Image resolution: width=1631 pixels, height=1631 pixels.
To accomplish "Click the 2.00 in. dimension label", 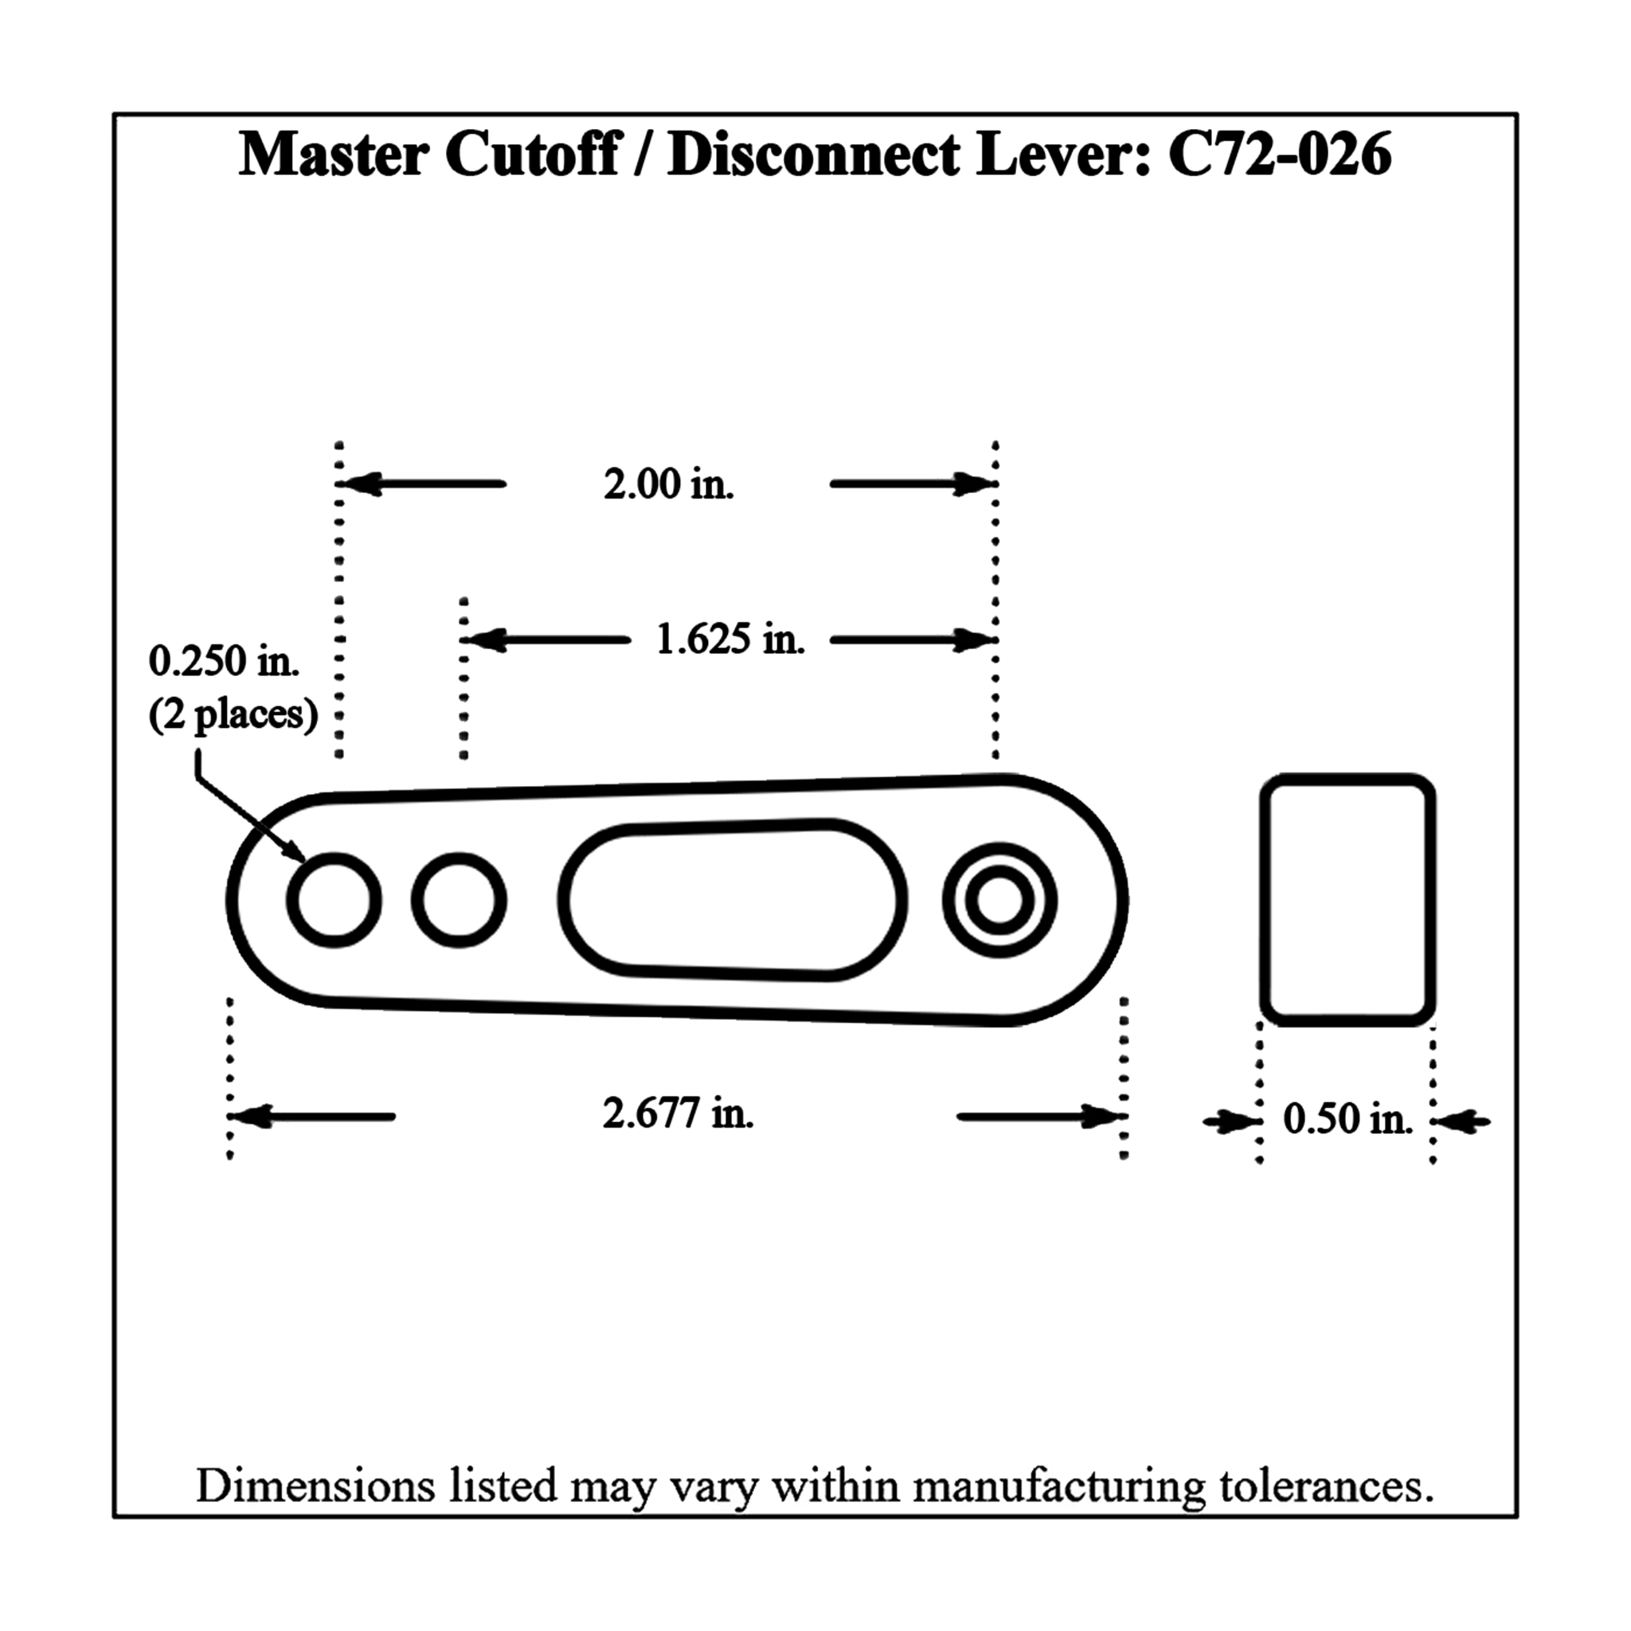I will pyautogui.click(x=669, y=484).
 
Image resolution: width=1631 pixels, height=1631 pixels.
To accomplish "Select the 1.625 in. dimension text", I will pyautogui.click(x=730, y=639).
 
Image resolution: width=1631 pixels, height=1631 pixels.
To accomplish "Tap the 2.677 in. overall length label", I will pyautogui.click(x=678, y=1113).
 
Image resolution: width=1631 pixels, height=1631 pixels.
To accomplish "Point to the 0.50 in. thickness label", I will pyautogui.click(x=1347, y=1120).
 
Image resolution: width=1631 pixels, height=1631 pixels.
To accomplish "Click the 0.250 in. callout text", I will pyautogui.click(x=224, y=661).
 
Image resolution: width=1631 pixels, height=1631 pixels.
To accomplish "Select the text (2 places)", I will pyautogui.click(x=233, y=715).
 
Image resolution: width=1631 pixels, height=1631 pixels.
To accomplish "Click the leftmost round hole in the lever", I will pyautogui.click(x=334, y=900).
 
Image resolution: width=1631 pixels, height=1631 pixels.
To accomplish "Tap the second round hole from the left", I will pyautogui.click(x=460, y=900).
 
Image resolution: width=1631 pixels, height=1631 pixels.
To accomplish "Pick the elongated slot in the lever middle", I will pyautogui.click(x=732, y=900).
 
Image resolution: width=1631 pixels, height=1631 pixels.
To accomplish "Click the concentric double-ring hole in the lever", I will pyautogui.click(x=999, y=900).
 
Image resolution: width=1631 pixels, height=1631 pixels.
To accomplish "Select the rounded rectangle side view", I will pyautogui.click(x=1347, y=900).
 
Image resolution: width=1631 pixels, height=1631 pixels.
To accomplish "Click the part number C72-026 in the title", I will pyautogui.click(x=1280, y=155).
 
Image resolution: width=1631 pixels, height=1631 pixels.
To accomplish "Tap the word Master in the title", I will pyautogui.click(x=334, y=155).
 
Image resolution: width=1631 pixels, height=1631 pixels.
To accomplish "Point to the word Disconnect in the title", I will pyautogui.click(x=813, y=155).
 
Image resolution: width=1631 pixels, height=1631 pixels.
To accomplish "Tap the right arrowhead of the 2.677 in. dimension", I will pyautogui.click(x=1102, y=1117).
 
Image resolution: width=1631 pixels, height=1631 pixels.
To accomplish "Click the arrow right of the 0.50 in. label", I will pyautogui.click(x=1463, y=1122).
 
